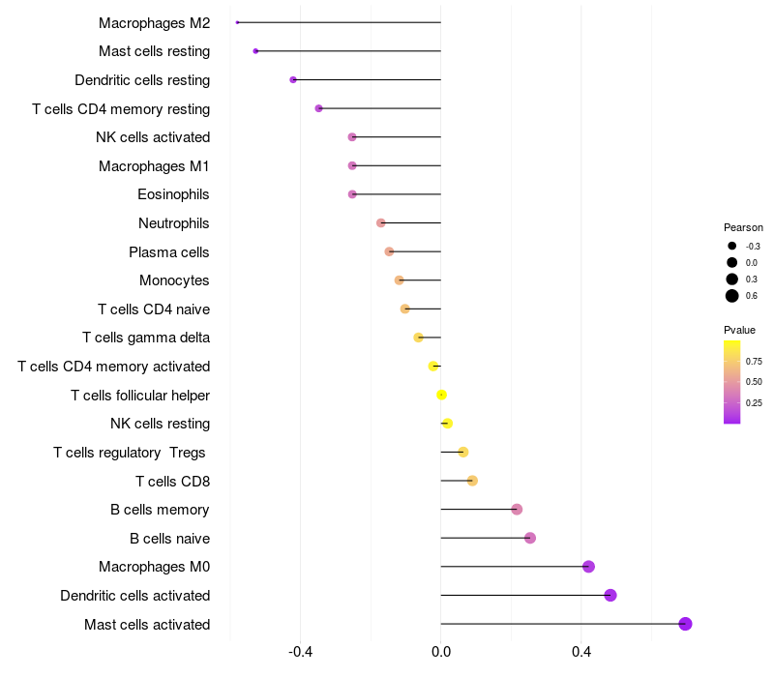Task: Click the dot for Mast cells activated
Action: point(685,624)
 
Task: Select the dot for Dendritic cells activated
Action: point(610,595)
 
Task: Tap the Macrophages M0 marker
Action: point(588,567)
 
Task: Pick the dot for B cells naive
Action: point(530,538)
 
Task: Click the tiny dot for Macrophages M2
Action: point(237,22)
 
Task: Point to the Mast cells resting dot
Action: point(255,50)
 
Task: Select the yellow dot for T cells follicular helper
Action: point(441,395)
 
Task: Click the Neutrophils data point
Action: point(381,223)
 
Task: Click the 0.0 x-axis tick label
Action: point(440,653)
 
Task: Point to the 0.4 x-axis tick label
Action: point(580,653)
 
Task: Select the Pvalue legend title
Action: point(740,330)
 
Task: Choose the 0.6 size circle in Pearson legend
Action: point(732,296)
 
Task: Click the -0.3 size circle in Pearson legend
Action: point(732,246)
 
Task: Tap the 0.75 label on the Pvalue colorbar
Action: point(754,361)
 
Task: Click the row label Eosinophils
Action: point(173,194)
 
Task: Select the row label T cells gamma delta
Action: point(146,338)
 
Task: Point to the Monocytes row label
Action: point(174,280)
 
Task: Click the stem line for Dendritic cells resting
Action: point(368,79)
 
